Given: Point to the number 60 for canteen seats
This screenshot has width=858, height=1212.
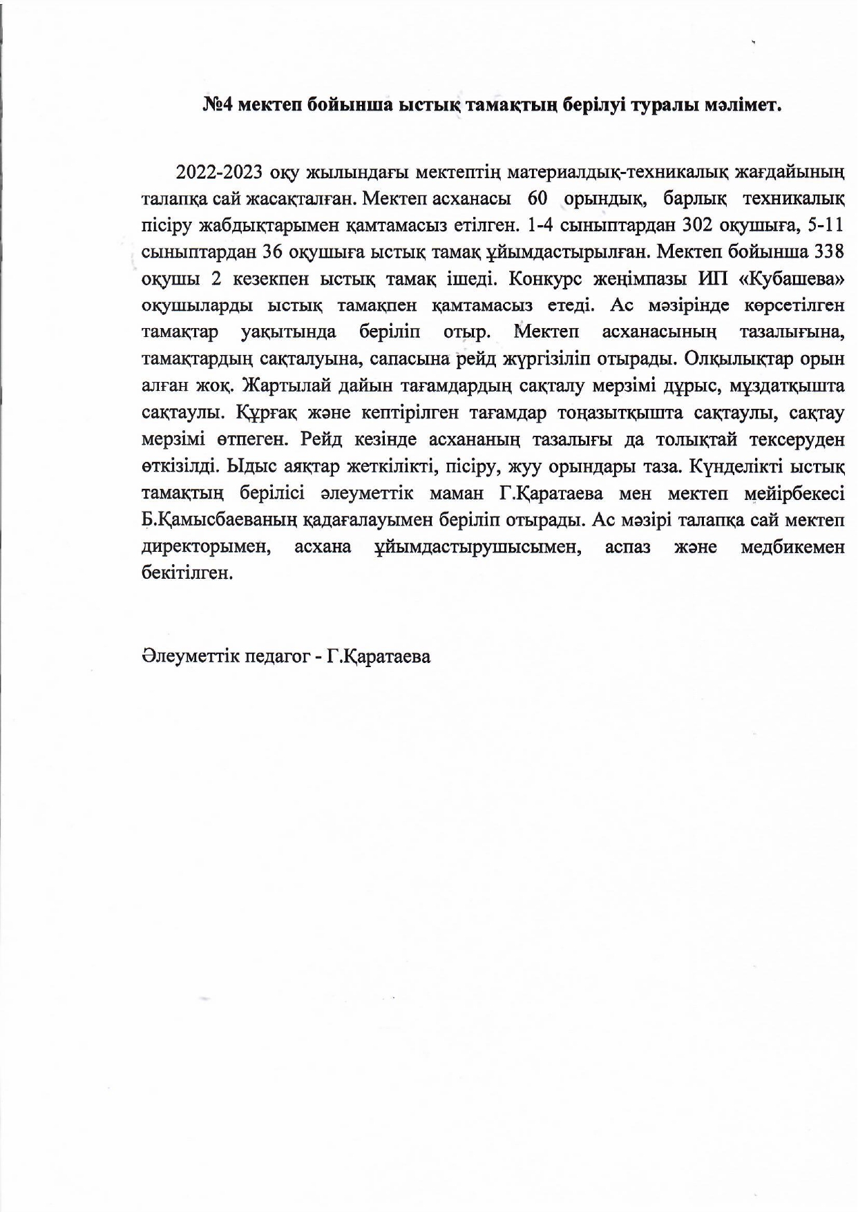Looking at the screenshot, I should (537, 199).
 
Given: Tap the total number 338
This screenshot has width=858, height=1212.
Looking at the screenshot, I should (830, 252).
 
